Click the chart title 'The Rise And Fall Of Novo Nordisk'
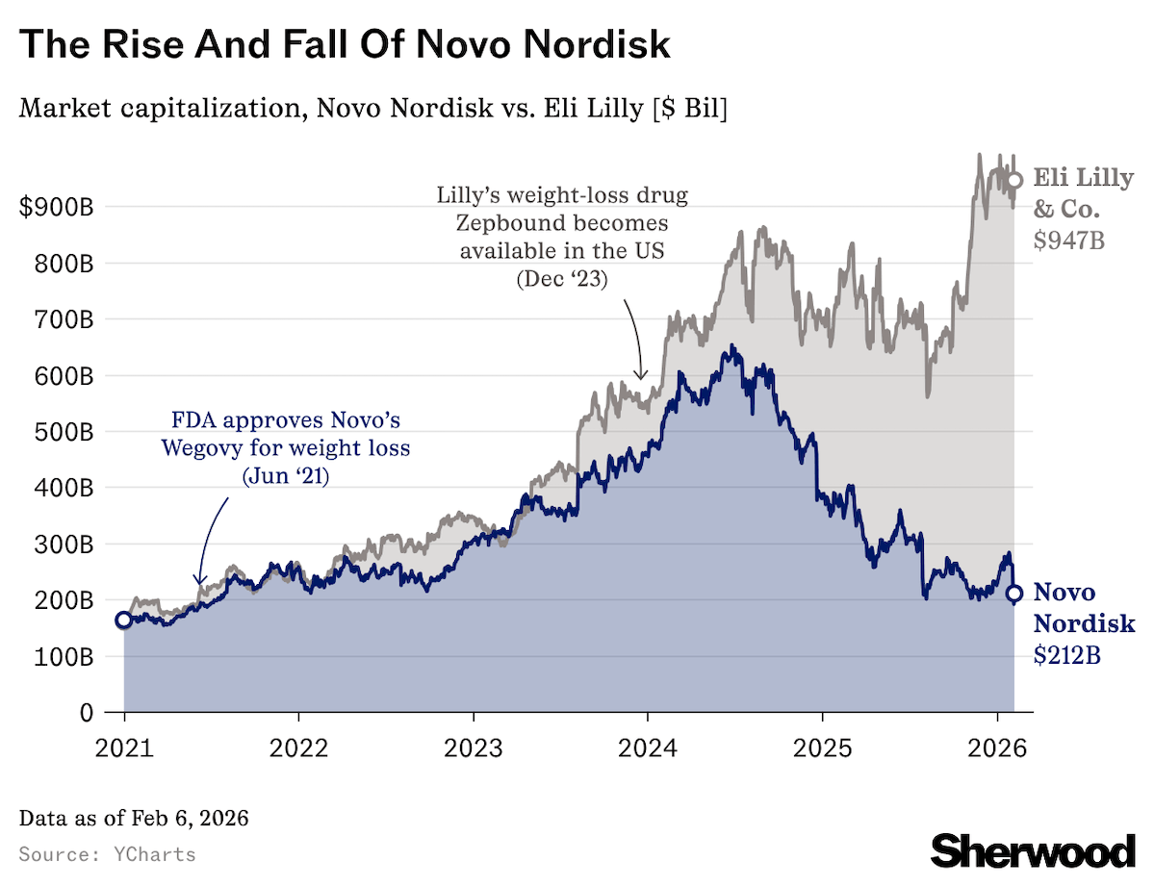pos(345,45)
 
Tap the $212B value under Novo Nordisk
pos(1067,655)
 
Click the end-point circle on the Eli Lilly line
pos(1013,180)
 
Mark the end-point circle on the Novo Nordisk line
pos(1013,594)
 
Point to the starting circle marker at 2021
pos(123,620)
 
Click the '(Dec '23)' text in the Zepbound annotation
pos(562,280)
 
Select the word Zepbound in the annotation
pos(507,224)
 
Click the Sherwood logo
pos(1033,849)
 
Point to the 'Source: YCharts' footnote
pos(107,854)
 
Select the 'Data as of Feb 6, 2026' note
pos(134,819)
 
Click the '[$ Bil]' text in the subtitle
pos(688,109)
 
